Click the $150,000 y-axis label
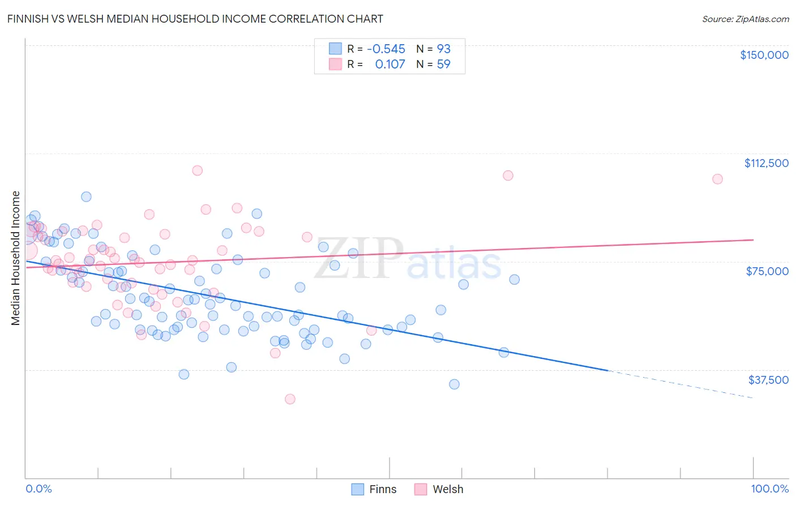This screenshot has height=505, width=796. [x=764, y=55]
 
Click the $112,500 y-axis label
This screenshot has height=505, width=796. [x=766, y=163]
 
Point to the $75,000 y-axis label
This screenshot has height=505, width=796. [x=767, y=271]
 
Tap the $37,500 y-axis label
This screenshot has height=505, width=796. [x=768, y=380]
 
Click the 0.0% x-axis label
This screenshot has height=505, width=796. [x=38, y=489]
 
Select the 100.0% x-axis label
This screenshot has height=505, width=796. [x=769, y=489]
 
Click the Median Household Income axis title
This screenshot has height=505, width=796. [x=16, y=258]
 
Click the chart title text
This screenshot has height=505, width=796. [x=195, y=19]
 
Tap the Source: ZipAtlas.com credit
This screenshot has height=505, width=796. [x=745, y=19]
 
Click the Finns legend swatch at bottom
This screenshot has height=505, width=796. [x=357, y=489]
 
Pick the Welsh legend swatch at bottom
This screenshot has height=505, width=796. [x=420, y=489]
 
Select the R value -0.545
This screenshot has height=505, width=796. [x=386, y=49]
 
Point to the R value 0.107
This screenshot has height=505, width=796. [x=390, y=65]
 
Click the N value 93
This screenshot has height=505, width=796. [x=443, y=49]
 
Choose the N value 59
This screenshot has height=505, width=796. [x=443, y=65]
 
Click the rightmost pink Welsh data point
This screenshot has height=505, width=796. [x=717, y=179]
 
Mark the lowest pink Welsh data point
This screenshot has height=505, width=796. [x=290, y=399]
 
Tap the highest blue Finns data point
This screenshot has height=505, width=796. [x=86, y=196]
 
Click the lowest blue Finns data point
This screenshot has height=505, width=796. [x=454, y=384]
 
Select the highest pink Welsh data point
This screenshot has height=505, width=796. [x=197, y=170]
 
